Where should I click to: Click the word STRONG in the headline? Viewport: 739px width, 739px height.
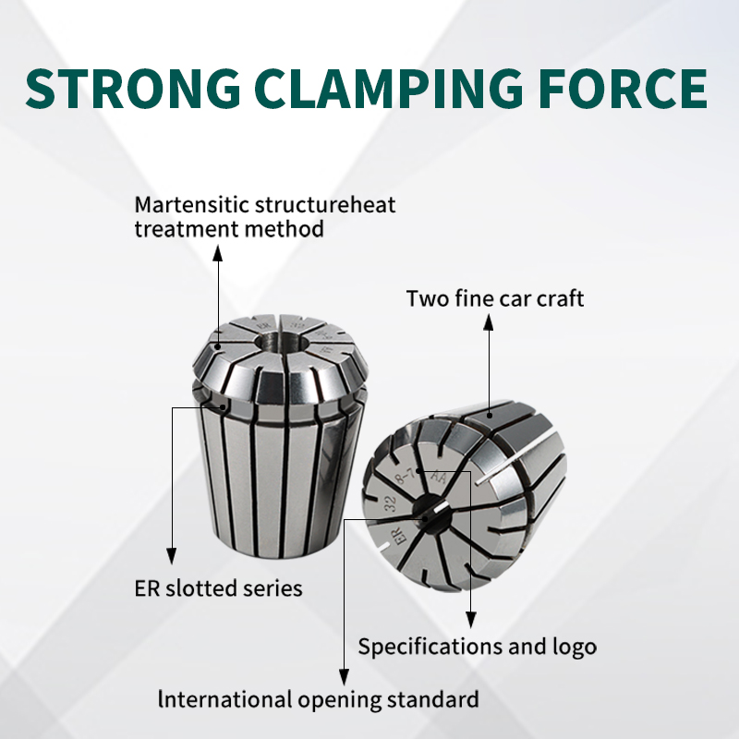[x=133, y=88]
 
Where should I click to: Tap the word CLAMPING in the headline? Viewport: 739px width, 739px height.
[x=389, y=88]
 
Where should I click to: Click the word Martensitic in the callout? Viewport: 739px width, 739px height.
[x=192, y=205]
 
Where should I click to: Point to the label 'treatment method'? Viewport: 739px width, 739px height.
[x=229, y=229]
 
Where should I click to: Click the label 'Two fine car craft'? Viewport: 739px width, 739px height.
[x=495, y=298]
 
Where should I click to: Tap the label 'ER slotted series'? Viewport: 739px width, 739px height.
[x=218, y=588]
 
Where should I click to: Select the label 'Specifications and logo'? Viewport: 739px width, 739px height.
[x=477, y=647]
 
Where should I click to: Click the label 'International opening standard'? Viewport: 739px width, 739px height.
[x=319, y=700]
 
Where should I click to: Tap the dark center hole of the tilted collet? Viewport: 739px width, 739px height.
[x=431, y=514]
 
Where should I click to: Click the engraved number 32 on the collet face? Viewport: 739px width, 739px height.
[x=390, y=504]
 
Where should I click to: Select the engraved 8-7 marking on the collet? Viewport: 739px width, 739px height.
[x=405, y=477]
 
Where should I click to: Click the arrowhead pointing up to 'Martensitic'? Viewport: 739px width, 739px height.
[x=217, y=253]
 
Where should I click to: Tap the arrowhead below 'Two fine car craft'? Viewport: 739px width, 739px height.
[x=489, y=322]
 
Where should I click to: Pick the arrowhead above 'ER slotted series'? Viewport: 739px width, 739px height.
[x=172, y=556]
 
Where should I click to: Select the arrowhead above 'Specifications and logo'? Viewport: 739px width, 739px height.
[x=470, y=620]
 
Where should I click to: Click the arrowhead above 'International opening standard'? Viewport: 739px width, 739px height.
[x=344, y=677]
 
